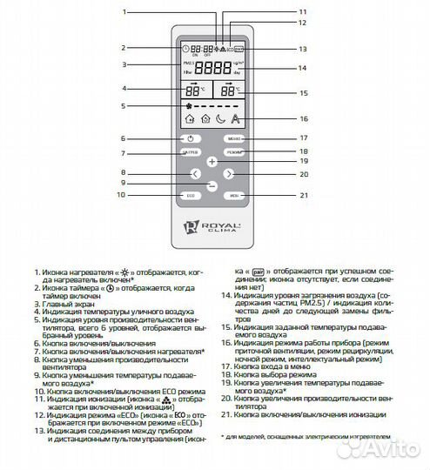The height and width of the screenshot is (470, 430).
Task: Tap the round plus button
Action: (211, 162)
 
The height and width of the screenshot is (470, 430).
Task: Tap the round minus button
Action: (211, 185)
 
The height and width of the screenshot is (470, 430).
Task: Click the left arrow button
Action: (194, 174)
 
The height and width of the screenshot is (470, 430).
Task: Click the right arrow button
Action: (228, 174)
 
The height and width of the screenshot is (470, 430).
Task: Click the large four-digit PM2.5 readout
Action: (213, 68)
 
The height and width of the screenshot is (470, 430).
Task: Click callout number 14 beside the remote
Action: (304, 68)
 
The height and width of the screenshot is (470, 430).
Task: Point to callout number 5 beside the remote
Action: (124, 105)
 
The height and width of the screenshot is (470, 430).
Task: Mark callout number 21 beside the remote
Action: (304, 196)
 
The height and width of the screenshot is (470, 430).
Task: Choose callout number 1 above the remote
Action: (124, 12)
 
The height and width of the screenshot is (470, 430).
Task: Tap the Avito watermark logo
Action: (383, 446)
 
